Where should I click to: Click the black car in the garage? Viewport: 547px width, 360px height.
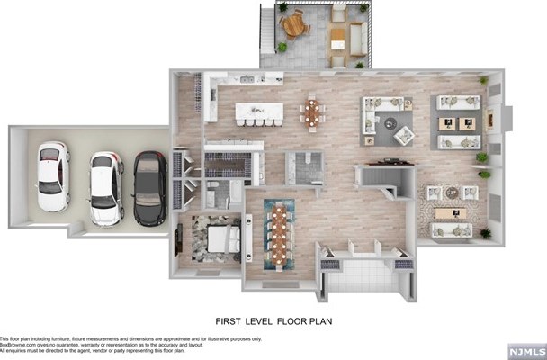[x=150, y=188]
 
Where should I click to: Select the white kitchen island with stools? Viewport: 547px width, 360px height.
[x=259, y=112]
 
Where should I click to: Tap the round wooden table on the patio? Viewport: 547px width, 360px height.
[x=293, y=25]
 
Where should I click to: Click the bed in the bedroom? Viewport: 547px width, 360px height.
[x=220, y=239]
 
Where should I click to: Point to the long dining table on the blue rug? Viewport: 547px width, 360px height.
[x=279, y=231]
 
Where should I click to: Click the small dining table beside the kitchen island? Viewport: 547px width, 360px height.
[x=312, y=112]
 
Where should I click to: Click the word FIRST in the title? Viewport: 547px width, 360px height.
[x=229, y=319]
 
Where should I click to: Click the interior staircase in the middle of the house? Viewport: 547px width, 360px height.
[x=378, y=179]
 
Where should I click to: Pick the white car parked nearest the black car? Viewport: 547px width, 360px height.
[x=106, y=187]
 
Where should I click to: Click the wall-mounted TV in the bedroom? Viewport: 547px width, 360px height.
[x=178, y=238]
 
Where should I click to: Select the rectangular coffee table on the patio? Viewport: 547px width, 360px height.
[x=337, y=37]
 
